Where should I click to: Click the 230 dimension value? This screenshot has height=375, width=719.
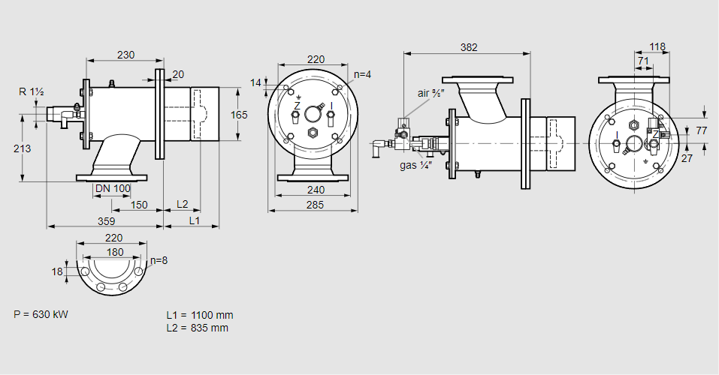(x=126, y=54)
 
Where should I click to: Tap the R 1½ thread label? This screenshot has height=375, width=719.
(x=32, y=91)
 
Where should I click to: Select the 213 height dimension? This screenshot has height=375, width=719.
(x=23, y=148)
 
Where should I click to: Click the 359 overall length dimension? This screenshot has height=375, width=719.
(x=105, y=220)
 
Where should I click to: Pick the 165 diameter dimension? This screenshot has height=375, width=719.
(x=238, y=115)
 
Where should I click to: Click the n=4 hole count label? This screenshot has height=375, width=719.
(x=363, y=74)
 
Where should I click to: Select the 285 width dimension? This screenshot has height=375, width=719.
(x=316, y=205)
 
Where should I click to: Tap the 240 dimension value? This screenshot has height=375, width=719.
(x=316, y=190)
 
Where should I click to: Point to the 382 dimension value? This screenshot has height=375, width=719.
(x=469, y=47)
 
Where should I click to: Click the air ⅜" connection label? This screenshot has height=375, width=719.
(x=432, y=94)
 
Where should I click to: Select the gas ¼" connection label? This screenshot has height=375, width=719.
(x=415, y=165)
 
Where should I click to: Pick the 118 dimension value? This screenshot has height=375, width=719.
(x=657, y=46)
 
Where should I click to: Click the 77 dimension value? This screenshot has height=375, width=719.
(x=702, y=130)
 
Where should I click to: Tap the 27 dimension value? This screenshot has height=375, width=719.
(x=687, y=158)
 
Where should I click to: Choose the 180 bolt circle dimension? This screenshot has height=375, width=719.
(x=115, y=252)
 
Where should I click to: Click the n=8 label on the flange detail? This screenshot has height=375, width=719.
(x=158, y=261)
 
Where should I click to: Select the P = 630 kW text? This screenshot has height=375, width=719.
(x=41, y=314)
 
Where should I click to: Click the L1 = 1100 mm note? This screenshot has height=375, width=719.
(x=199, y=316)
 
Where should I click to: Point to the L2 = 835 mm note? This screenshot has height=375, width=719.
(x=197, y=328)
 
